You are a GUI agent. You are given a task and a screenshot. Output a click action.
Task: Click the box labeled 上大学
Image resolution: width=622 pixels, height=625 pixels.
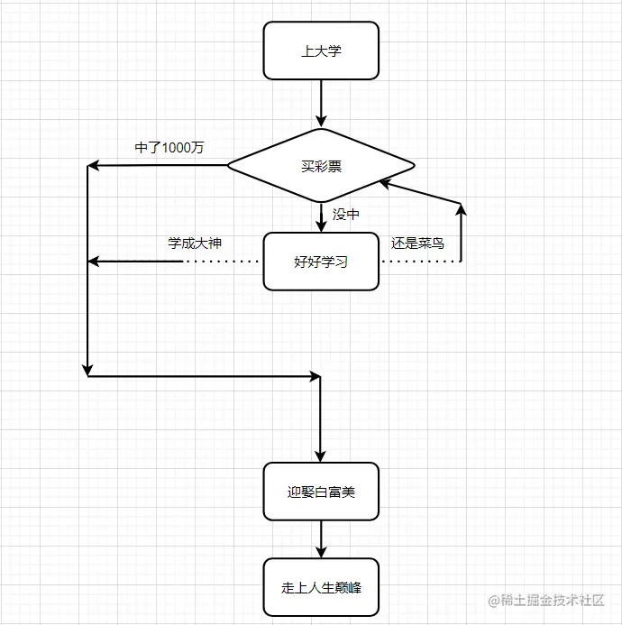click(x=321, y=51)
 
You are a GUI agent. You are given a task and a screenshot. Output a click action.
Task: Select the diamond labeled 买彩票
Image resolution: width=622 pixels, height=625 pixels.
click(x=321, y=166)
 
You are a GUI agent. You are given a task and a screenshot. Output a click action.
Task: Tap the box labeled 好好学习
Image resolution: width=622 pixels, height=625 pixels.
click(x=321, y=262)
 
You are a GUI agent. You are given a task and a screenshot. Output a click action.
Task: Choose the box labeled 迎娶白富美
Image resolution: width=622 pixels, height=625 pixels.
click(x=321, y=492)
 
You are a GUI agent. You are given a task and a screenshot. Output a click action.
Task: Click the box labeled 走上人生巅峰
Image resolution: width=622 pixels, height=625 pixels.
click(x=321, y=587)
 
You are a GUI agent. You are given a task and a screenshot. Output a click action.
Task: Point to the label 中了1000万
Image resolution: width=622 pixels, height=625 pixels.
click(x=169, y=148)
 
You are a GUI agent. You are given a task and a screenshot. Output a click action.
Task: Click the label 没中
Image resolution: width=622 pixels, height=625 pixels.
click(x=346, y=214)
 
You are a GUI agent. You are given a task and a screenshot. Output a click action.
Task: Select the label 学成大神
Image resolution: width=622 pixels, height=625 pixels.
click(x=194, y=243)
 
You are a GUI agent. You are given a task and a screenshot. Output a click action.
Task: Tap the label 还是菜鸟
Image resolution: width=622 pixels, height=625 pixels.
click(x=417, y=243)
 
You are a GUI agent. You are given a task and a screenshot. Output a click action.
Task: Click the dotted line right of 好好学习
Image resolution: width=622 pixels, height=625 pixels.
click(x=420, y=262)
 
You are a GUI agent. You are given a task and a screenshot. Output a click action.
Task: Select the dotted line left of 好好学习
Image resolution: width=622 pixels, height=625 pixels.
click(x=223, y=262)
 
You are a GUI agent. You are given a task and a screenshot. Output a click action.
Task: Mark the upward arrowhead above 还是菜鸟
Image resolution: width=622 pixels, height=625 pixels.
click(x=462, y=210)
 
